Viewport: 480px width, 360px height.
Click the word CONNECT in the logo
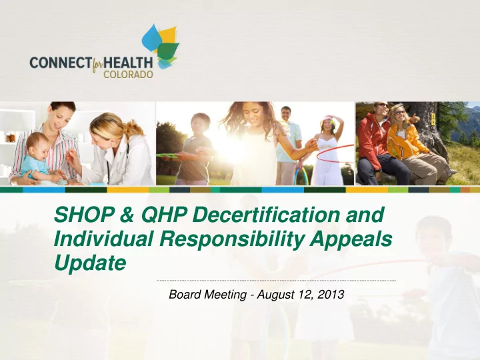tap(60, 63)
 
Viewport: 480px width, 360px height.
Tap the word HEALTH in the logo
tap(128, 63)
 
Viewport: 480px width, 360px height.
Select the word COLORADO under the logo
tap(128, 74)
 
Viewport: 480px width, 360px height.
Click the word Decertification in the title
tap(266, 215)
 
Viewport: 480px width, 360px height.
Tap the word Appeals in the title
tap(351, 240)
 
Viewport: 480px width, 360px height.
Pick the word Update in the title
tap(90, 263)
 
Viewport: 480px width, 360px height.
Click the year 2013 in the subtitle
tap(331, 295)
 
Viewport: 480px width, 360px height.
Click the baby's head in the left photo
tap(38, 145)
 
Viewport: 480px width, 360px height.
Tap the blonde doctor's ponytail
tap(135, 129)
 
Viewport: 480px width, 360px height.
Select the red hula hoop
tap(335, 153)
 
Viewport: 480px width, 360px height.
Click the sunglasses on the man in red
tap(383, 105)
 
